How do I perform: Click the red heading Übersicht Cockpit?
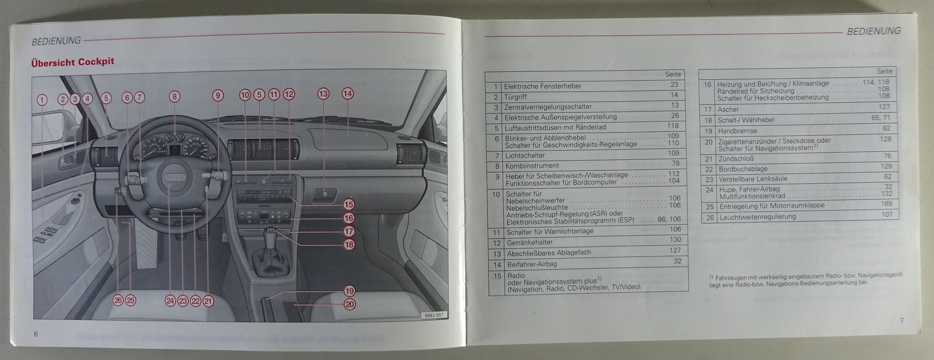[72, 62]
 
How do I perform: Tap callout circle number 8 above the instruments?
[175, 97]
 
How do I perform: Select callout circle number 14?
[347, 94]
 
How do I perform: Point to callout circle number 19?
[350, 291]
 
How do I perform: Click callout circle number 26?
[118, 300]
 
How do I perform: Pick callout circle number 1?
[41, 100]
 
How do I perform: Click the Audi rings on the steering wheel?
[175, 177]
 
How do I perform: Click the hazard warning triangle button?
[264, 181]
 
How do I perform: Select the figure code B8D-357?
[434, 316]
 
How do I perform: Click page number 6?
[36, 334]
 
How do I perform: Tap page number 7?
[902, 320]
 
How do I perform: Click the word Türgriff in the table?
[515, 97]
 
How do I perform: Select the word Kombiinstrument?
[532, 166]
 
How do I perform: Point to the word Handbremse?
[737, 131]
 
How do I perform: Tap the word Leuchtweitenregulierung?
[758, 217]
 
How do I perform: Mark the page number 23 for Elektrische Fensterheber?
[674, 85]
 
